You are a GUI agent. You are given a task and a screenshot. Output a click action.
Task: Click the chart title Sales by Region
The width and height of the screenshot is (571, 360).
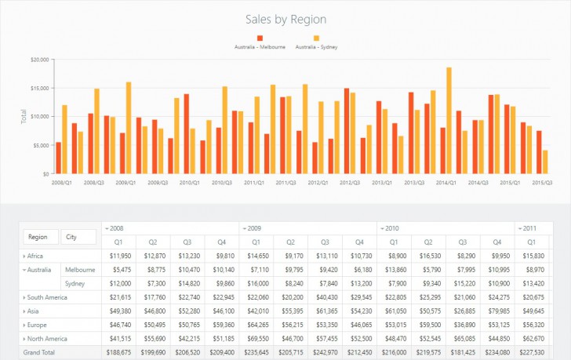point(285,19)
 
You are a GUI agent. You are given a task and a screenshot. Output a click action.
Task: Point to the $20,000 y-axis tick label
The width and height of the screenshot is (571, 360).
point(40,59)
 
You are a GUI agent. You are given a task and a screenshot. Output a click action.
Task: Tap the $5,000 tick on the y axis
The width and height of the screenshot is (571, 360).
point(41,145)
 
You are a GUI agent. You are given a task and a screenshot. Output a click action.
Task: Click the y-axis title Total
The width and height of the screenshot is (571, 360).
point(24,117)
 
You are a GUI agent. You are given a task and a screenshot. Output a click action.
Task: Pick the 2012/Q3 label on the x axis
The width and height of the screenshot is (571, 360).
point(351,182)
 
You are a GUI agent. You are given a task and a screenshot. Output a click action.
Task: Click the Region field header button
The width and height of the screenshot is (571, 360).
point(41,236)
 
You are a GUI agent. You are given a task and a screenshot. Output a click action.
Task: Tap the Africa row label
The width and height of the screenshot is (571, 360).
point(35,256)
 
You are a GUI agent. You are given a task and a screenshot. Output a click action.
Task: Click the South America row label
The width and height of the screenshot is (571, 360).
point(47,297)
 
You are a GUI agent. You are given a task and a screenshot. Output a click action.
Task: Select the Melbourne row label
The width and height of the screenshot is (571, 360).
point(81,270)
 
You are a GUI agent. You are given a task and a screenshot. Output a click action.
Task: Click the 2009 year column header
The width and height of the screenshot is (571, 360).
point(253,228)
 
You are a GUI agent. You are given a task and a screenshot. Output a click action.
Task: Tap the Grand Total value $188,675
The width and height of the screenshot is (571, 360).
point(118,352)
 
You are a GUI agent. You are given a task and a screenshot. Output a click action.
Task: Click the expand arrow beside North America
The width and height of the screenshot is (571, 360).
point(24,339)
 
